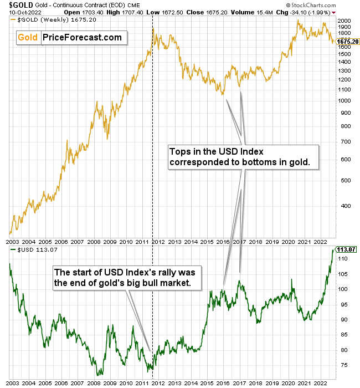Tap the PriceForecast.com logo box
[x=70, y=38]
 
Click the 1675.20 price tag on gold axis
[x=347, y=41]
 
